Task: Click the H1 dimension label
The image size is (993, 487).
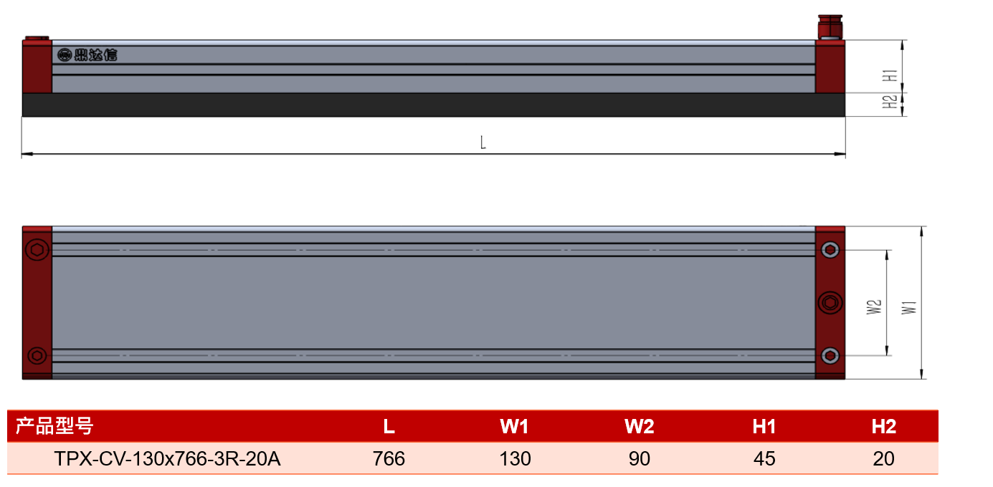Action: pyautogui.click(x=890, y=76)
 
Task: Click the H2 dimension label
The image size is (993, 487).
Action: pyautogui.click(x=890, y=102)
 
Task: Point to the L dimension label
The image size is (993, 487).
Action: pyautogui.click(x=483, y=143)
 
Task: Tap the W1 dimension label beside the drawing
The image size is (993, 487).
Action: pyautogui.click(x=909, y=307)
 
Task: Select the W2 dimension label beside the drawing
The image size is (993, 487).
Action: pyautogui.click(x=874, y=307)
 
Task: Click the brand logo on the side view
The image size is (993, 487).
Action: pyautogui.click(x=87, y=55)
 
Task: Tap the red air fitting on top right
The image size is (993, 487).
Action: pyautogui.click(x=830, y=27)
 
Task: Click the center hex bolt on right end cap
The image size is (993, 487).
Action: pyautogui.click(x=830, y=303)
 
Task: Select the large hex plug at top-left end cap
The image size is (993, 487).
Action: pyautogui.click(x=37, y=250)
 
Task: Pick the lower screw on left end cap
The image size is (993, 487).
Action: pyautogui.click(x=37, y=355)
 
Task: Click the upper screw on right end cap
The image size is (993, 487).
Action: pyautogui.click(x=830, y=250)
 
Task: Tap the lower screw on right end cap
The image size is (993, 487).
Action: pyautogui.click(x=830, y=355)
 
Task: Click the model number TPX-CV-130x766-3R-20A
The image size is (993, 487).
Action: pyautogui.click(x=167, y=458)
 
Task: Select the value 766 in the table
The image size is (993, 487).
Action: pyautogui.click(x=389, y=458)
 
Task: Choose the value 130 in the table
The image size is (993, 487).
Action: pyautogui.click(x=515, y=458)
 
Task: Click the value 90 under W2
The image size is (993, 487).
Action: pyautogui.click(x=640, y=458)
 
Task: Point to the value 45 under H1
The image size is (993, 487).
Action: pyautogui.click(x=764, y=458)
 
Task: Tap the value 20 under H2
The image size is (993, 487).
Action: pyautogui.click(x=883, y=458)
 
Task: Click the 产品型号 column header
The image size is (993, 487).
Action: pyautogui.click(x=54, y=426)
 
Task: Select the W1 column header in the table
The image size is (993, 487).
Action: pyautogui.click(x=514, y=426)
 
